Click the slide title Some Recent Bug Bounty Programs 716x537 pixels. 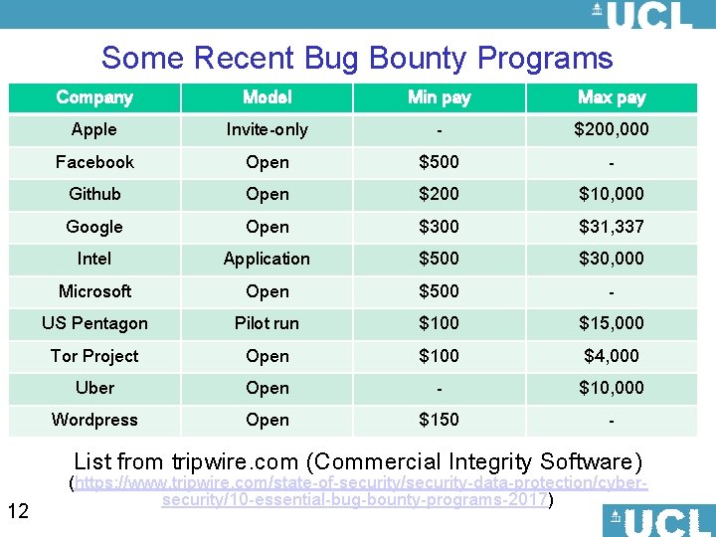click(x=357, y=58)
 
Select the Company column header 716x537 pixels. click(x=94, y=97)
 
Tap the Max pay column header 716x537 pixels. click(x=612, y=97)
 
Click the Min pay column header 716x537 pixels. click(x=439, y=97)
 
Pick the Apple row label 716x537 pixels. click(x=94, y=129)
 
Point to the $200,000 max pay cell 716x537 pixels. click(x=612, y=129)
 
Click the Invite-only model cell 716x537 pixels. click(x=267, y=129)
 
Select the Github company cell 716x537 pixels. click(x=94, y=194)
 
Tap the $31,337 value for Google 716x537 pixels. click(x=612, y=227)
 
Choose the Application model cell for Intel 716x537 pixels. click(x=267, y=259)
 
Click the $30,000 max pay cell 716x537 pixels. click(x=612, y=259)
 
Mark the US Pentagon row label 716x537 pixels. click(x=94, y=323)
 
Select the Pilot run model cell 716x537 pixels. click(x=267, y=323)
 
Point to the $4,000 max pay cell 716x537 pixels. click(x=612, y=356)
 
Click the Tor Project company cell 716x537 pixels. click(x=94, y=356)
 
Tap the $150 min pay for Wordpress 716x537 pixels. click(x=439, y=420)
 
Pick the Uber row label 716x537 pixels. click(x=94, y=388)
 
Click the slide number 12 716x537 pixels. click(x=18, y=511)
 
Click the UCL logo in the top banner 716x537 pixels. click(x=641, y=15)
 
